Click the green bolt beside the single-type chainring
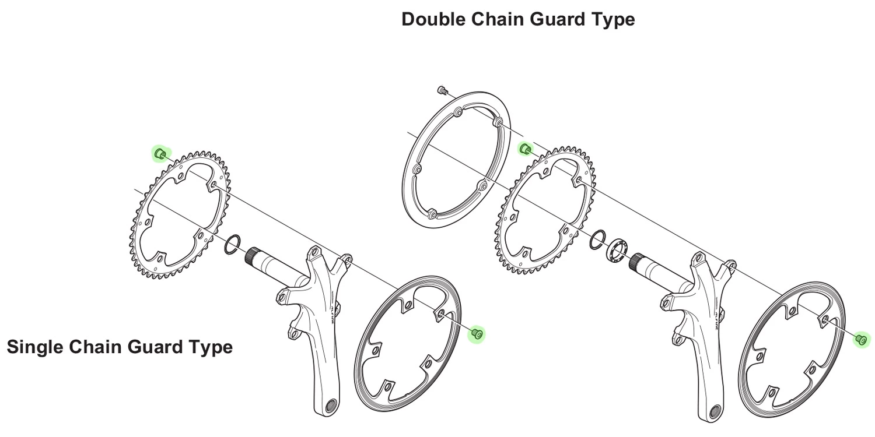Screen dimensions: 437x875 160,153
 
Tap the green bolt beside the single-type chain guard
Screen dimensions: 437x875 477,333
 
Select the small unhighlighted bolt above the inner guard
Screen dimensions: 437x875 442,90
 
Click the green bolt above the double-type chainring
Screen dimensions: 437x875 524,148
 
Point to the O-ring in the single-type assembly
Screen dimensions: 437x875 232,244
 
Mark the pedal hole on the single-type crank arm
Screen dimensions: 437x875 332,406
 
